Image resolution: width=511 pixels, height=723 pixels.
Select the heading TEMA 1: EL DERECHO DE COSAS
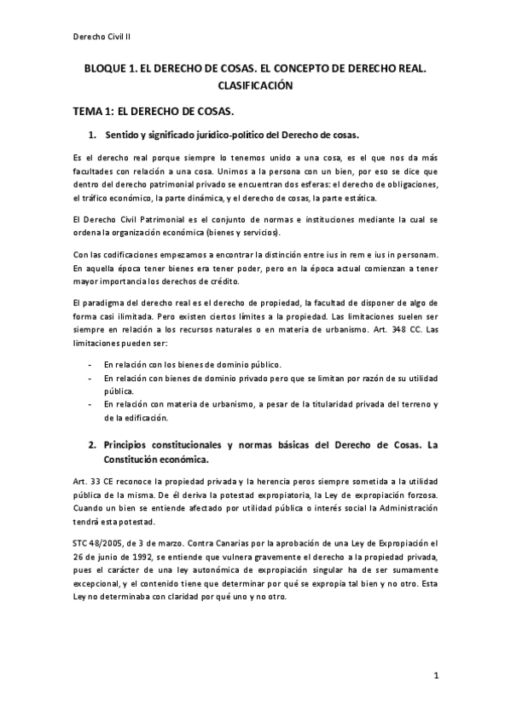[x=165, y=112]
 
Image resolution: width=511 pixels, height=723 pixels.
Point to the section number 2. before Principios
[x=94, y=445]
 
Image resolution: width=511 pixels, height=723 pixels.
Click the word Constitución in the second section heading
[x=141, y=461]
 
